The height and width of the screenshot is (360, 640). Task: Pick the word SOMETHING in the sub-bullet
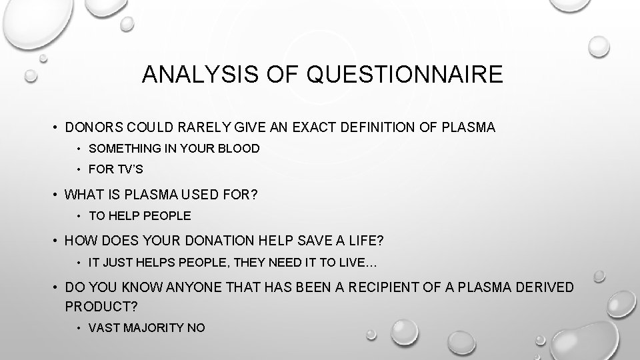(122, 149)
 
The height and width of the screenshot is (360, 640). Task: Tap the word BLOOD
(239, 149)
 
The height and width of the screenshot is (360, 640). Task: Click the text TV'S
(130, 169)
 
